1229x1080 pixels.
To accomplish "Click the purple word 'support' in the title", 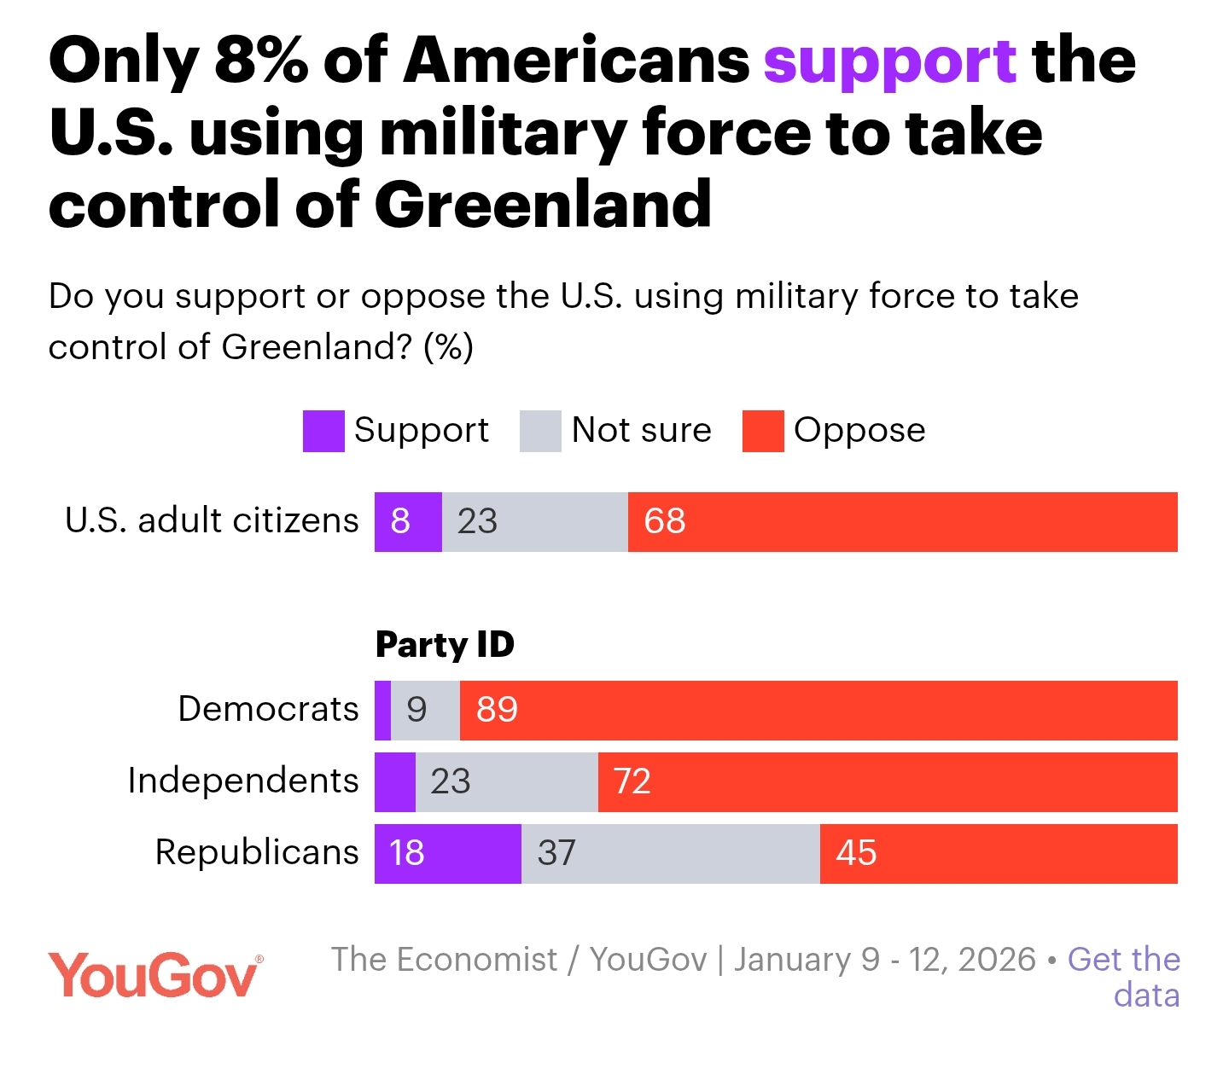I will [x=889, y=63].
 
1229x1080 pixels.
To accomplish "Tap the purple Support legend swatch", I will [x=323, y=431].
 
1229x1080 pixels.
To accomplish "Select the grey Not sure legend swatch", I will [x=540, y=431].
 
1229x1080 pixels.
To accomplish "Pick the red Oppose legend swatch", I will [x=763, y=431].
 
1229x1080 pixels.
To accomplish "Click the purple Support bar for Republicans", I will [x=447, y=853].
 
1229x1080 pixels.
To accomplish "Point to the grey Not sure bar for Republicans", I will [x=670, y=853].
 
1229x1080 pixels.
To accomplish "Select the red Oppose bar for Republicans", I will [x=999, y=853].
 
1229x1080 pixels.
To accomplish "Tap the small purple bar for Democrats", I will [x=383, y=710].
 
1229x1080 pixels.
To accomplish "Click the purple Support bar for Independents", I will [x=395, y=781].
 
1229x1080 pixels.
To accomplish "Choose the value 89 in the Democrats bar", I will [x=497, y=710].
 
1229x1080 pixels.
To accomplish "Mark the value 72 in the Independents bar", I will [x=632, y=781].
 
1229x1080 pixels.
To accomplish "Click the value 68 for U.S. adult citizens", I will [x=665, y=521].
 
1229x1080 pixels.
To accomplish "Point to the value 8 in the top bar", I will [x=400, y=521].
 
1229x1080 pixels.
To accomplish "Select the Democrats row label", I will [x=268, y=709].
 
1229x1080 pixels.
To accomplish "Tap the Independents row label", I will [x=243, y=781].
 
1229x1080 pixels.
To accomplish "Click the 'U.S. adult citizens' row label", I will [x=212, y=520].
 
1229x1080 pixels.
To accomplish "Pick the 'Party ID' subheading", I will [x=445, y=645].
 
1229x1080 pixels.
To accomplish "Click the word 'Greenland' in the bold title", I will [x=543, y=205].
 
